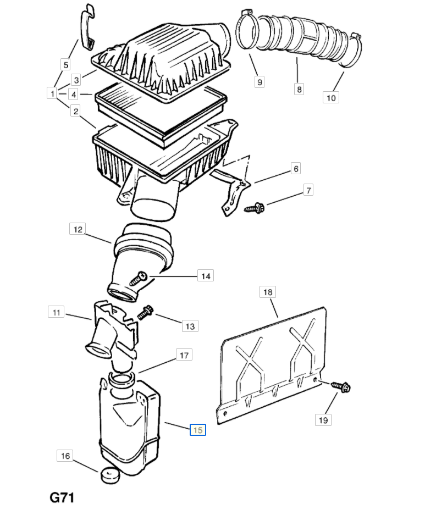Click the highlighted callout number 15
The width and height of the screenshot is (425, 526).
pos(197,430)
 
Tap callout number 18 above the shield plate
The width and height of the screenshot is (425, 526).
pos(267,292)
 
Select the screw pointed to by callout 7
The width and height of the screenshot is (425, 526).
pos(254,208)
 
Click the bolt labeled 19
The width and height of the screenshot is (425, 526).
pos(341,387)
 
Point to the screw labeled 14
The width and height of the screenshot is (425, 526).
pos(138,278)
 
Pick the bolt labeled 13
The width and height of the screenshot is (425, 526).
pos(145,312)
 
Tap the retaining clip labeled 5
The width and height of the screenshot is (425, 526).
pos(87,27)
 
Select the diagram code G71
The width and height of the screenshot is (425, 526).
pos(62,497)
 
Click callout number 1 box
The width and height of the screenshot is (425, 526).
pos(52,93)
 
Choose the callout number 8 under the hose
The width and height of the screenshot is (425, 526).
pos(299,89)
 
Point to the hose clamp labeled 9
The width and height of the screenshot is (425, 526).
pos(247,31)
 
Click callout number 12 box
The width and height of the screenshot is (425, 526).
pos(78,229)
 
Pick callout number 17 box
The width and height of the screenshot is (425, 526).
pos(184,355)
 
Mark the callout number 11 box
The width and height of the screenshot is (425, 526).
pos(56,312)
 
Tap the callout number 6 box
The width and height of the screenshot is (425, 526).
pos(296,168)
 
